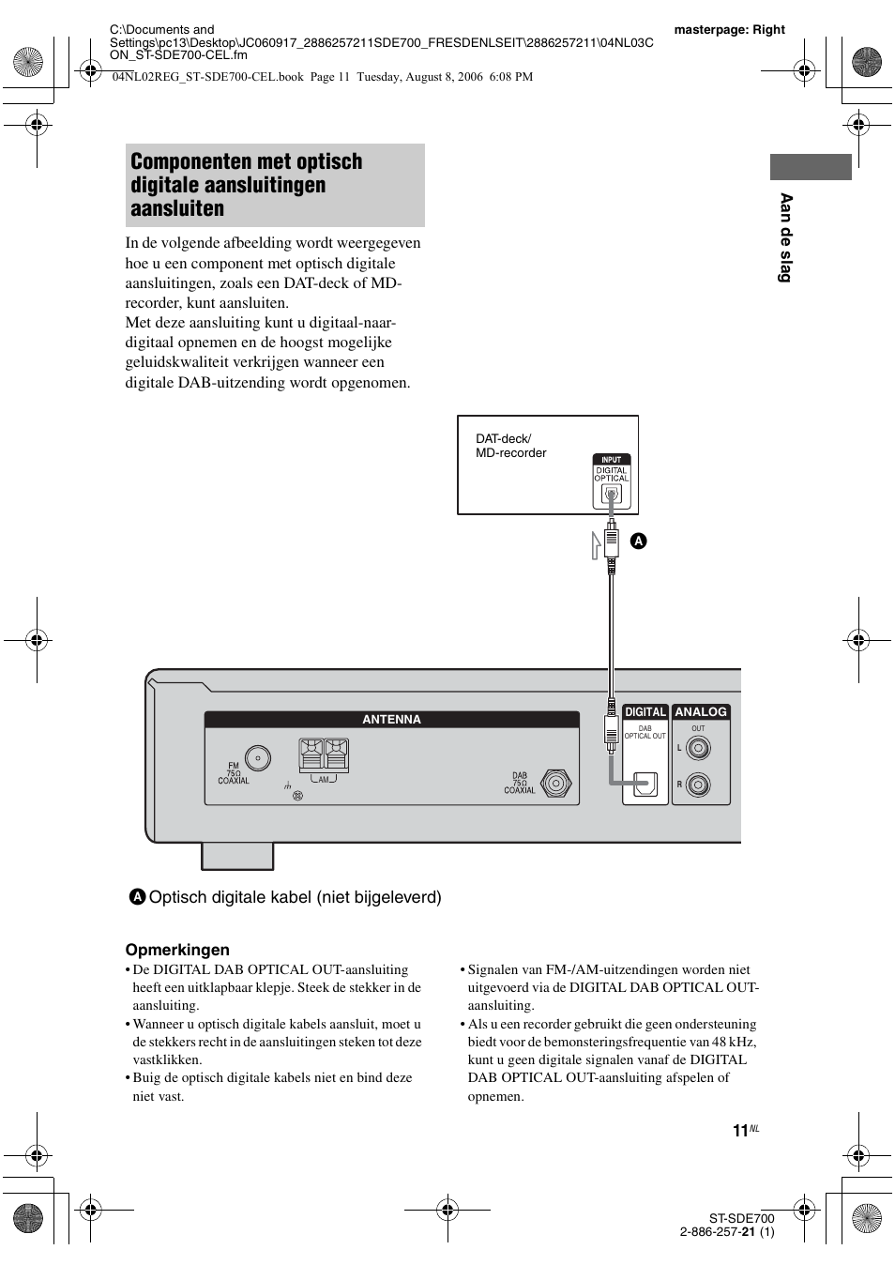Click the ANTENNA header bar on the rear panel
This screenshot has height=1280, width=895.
[392, 720]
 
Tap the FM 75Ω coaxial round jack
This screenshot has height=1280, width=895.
[258, 758]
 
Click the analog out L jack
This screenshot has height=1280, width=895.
[697, 748]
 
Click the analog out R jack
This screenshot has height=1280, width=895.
[697, 785]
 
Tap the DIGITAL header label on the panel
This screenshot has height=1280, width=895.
[645, 712]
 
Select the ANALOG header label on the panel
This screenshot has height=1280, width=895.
[701, 712]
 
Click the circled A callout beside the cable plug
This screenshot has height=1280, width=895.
[638, 541]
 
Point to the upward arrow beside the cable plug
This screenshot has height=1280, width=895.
[596, 544]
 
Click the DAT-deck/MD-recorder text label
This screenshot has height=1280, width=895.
[510, 446]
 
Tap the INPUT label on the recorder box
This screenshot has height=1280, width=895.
[611, 460]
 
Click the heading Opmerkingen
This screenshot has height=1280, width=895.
[177, 950]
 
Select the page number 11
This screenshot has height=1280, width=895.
[740, 1131]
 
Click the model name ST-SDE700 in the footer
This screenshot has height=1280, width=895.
[741, 1218]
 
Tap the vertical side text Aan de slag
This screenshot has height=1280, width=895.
[786, 237]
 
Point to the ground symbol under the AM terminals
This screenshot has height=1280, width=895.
[285, 785]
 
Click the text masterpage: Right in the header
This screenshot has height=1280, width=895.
[729, 29]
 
